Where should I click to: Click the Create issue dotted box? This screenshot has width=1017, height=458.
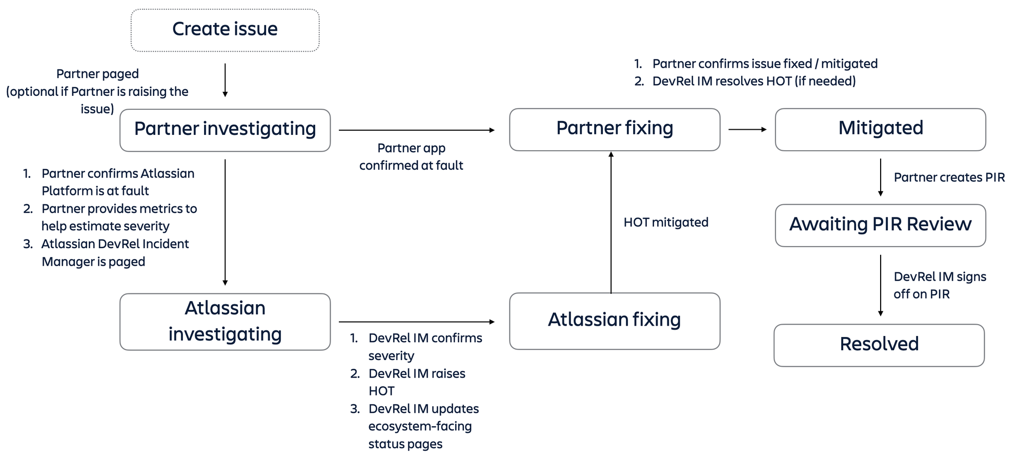pos(225,30)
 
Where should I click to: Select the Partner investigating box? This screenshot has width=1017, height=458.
pos(225,130)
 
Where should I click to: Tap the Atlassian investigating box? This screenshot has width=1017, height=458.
pos(225,322)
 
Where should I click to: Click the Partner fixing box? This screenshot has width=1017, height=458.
pos(614,129)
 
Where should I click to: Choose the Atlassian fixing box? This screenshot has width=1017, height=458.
pos(614,321)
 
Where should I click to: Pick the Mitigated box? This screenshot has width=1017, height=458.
pos(880,129)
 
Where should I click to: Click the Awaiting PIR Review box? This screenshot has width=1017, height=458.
pos(880,225)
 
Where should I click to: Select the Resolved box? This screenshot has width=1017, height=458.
pos(879,345)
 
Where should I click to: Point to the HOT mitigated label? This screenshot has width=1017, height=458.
pos(665,222)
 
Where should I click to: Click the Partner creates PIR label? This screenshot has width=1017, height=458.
pos(949,177)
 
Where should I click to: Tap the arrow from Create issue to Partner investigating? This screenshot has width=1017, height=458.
pos(225,80)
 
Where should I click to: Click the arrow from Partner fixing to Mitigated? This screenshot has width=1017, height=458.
pos(747,130)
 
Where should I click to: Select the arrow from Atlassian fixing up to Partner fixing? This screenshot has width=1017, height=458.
pos(611,222)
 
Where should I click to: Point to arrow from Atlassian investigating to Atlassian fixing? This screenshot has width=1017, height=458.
pos(416,322)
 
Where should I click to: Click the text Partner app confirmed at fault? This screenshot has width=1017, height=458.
pos(411,157)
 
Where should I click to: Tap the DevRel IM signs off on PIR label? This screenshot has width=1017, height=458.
pos(939,285)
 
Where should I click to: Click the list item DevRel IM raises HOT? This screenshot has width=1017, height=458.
pos(416,382)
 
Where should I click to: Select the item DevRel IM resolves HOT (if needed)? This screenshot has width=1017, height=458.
pos(754,81)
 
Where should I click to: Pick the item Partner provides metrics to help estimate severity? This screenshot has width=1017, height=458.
pos(118,217)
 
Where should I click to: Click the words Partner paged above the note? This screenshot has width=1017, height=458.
pos(97,74)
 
